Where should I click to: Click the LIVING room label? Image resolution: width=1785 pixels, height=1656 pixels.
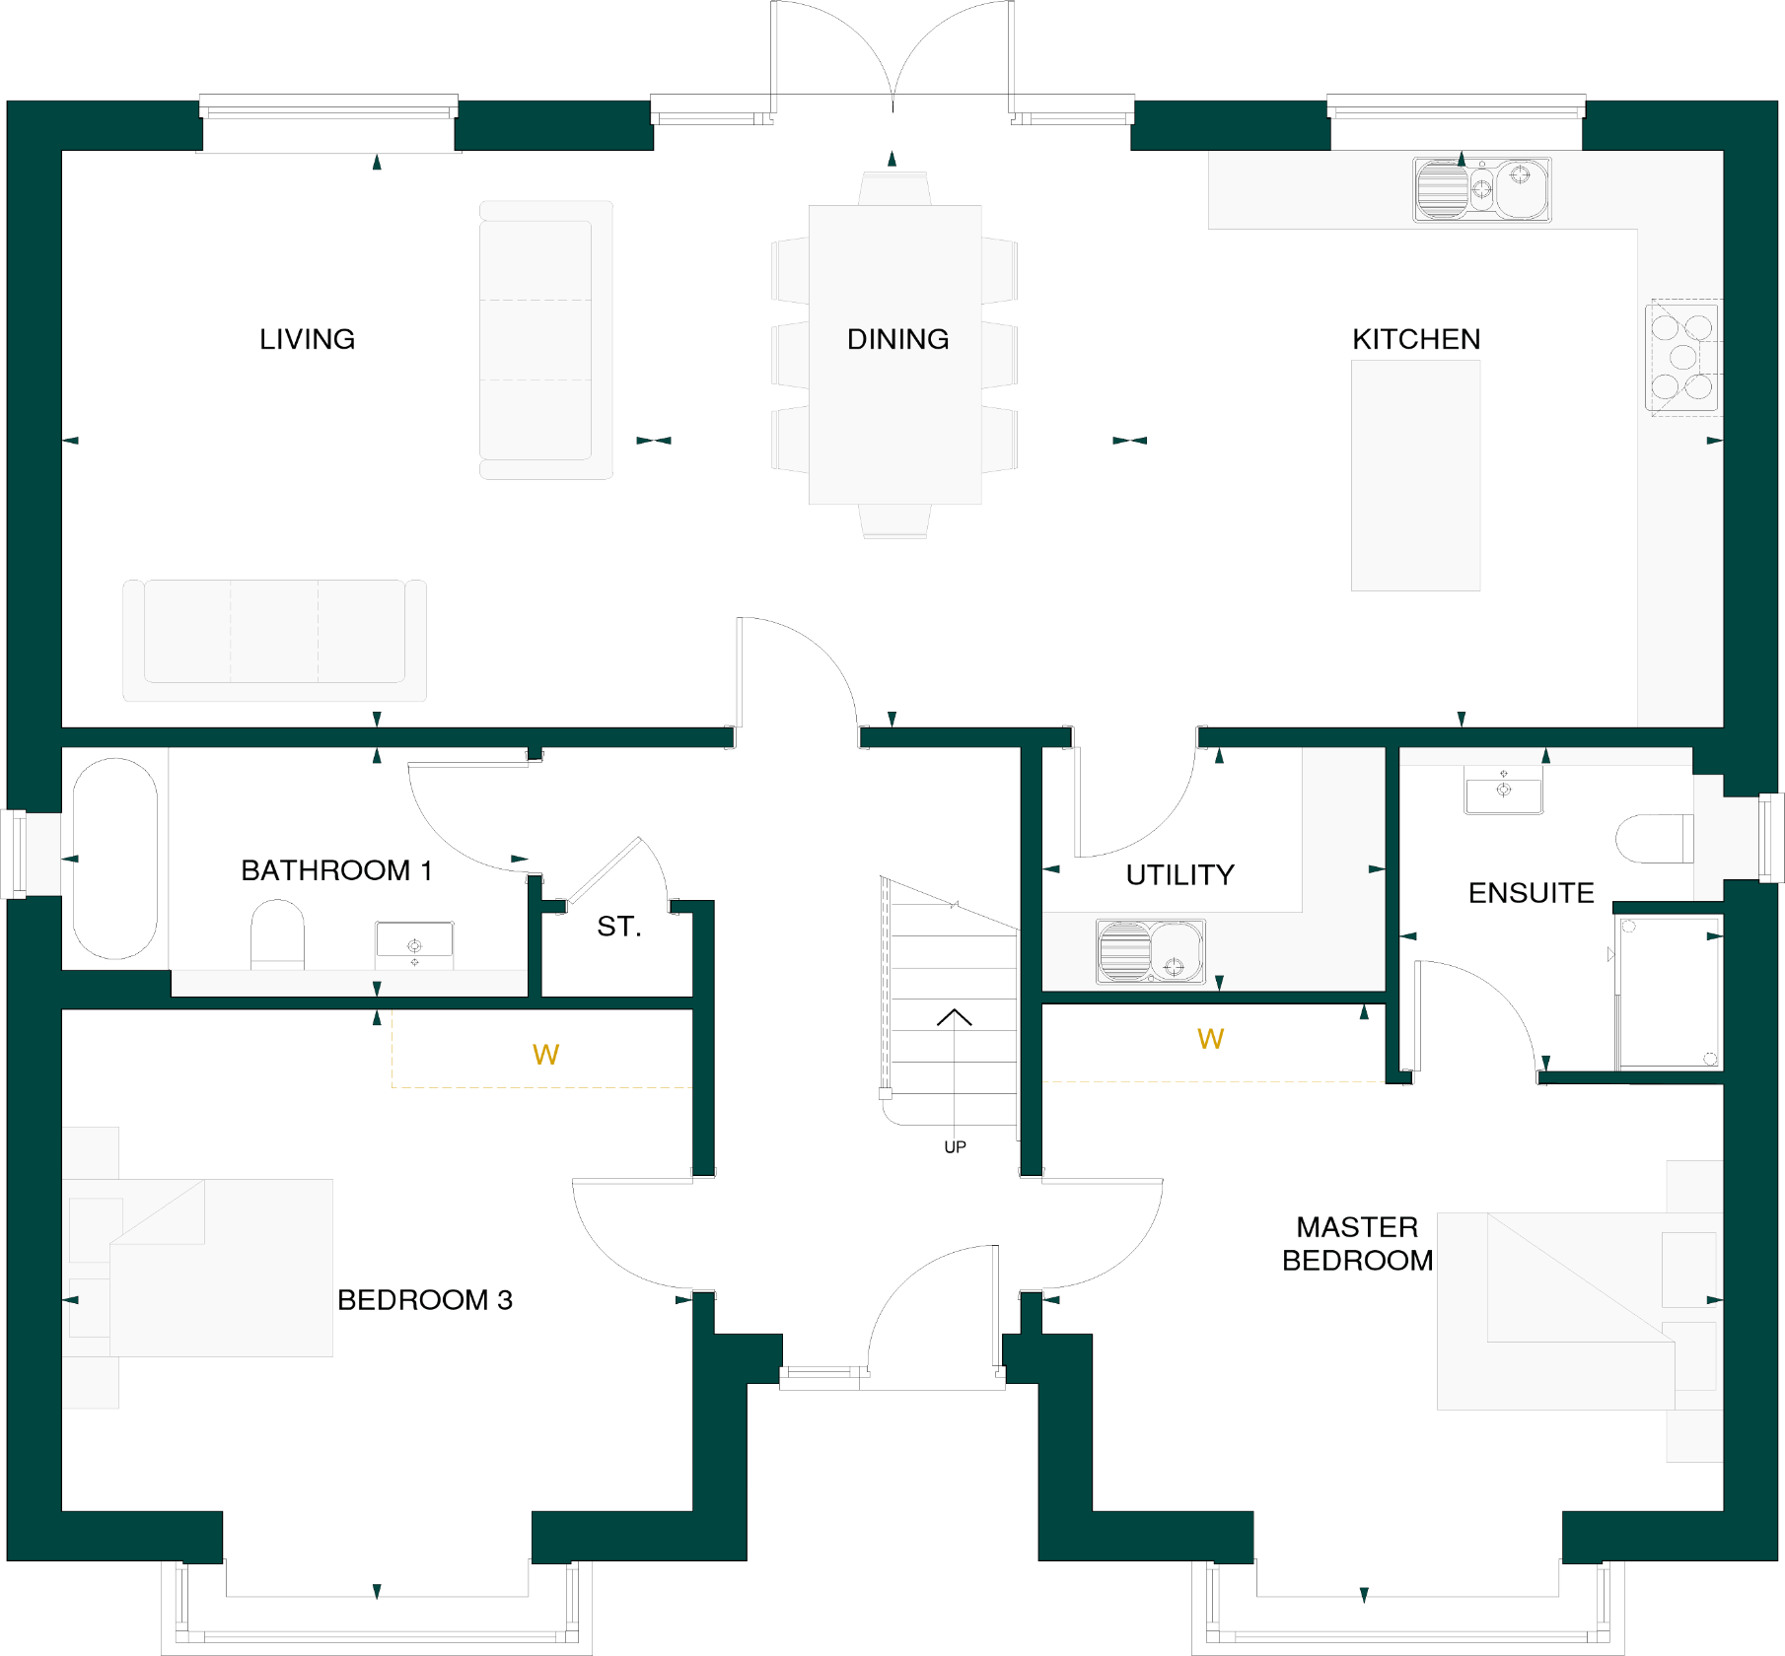(307, 339)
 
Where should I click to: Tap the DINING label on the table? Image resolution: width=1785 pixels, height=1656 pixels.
(897, 339)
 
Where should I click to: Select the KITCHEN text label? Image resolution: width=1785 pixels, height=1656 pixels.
(1415, 339)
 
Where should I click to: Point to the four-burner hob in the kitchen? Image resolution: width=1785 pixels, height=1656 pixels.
(1682, 357)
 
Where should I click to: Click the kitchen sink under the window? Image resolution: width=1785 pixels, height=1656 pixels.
(1481, 189)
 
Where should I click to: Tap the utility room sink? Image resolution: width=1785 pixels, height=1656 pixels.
(1150, 952)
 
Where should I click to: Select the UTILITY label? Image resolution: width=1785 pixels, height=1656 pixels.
(1179, 875)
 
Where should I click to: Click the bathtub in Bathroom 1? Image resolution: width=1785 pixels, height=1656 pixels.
(115, 859)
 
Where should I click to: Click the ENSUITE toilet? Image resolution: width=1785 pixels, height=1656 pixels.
(1654, 839)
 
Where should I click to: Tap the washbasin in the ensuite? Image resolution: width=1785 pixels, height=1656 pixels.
(1503, 793)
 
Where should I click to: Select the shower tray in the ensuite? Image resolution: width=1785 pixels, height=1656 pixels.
(1669, 993)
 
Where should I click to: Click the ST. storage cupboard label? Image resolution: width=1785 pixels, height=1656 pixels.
(619, 927)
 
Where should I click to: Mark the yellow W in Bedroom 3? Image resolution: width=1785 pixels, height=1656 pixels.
(545, 1056)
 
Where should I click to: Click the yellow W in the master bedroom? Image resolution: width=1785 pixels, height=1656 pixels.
(1210, 1039)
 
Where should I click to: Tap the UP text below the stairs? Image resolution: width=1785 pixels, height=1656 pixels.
(955, 1147)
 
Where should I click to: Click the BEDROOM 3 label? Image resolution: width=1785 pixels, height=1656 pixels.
(424, 1300)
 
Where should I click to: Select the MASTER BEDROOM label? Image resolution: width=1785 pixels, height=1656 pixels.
(1357, 1244)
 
